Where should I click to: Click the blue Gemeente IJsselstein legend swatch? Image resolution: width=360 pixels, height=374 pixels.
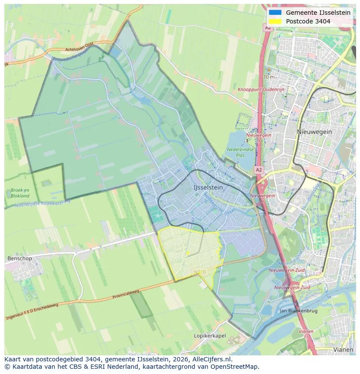tap(275, 13)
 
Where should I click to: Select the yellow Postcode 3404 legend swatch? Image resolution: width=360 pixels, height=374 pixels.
tap(275, 21)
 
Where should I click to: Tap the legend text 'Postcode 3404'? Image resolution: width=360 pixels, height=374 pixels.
tap(308, 21)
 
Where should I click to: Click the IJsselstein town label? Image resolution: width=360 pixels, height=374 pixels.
tap(208, 187)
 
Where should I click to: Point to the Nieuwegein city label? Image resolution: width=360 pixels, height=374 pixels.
tap(314, 132)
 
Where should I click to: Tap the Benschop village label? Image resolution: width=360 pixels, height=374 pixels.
tap(20, 258)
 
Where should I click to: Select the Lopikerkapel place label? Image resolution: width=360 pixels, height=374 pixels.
tap(210, 336)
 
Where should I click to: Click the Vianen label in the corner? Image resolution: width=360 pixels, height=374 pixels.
tap(343, 349)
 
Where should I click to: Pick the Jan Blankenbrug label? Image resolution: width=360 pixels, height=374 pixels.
tap(298, 311)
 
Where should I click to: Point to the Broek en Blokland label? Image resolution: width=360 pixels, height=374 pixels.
tap(20, 193)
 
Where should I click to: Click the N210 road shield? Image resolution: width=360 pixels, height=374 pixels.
tap(200, 272)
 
